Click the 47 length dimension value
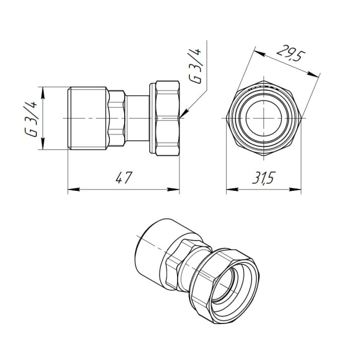tap(123, 178)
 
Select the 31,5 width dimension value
tap(263, 179)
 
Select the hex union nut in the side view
tap(167, 118)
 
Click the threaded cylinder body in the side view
tap(87, 119)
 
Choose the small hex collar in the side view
tap(117, 119)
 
